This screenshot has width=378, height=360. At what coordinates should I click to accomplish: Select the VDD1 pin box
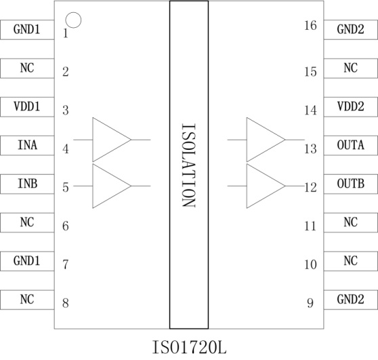pyautogui.click(x=27, y=107)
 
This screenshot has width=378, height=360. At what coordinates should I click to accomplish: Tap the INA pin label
pyautogui.click(x=28, y=145)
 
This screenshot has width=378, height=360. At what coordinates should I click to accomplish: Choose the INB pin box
pyautogui.click(x=27, y=184)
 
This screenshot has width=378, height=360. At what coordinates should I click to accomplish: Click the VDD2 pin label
pyautogui.click(x=350, y=106)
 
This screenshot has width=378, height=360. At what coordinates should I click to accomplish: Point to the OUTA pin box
pyautogui.click(x=351, y=146)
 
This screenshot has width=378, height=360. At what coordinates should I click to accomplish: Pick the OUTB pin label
pyautogui.click(x=350, y=184)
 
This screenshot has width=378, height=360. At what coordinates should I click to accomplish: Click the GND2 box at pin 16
pyautogui.click(x=351, y=30)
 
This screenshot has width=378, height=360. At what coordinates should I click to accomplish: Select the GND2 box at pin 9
pyautogui.click(x=351, y=300)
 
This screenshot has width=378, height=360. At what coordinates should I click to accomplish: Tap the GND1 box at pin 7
pyautogui.click(x=27, y=261)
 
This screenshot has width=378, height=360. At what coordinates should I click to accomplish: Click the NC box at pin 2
pyautogui.click(x=27, y=68)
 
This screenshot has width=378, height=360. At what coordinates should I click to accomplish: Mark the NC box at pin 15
pyautogui.click(x=351, y=68)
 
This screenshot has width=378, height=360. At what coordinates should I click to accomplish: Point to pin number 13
pyautogui.click(x=310, y=149)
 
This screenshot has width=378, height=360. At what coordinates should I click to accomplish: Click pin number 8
pyautogui.click(x=66, y=303)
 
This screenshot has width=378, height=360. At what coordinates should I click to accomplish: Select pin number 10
pyautogui.click(x=310, y=264)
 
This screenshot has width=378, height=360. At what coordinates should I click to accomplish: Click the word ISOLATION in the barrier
pyautogui.click(x=189, y=165)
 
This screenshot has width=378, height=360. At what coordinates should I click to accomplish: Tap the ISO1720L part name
pyautogui.click(x=189, y=347)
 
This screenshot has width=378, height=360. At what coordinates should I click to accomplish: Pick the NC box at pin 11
pyautogui.click(x=351, y=222)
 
